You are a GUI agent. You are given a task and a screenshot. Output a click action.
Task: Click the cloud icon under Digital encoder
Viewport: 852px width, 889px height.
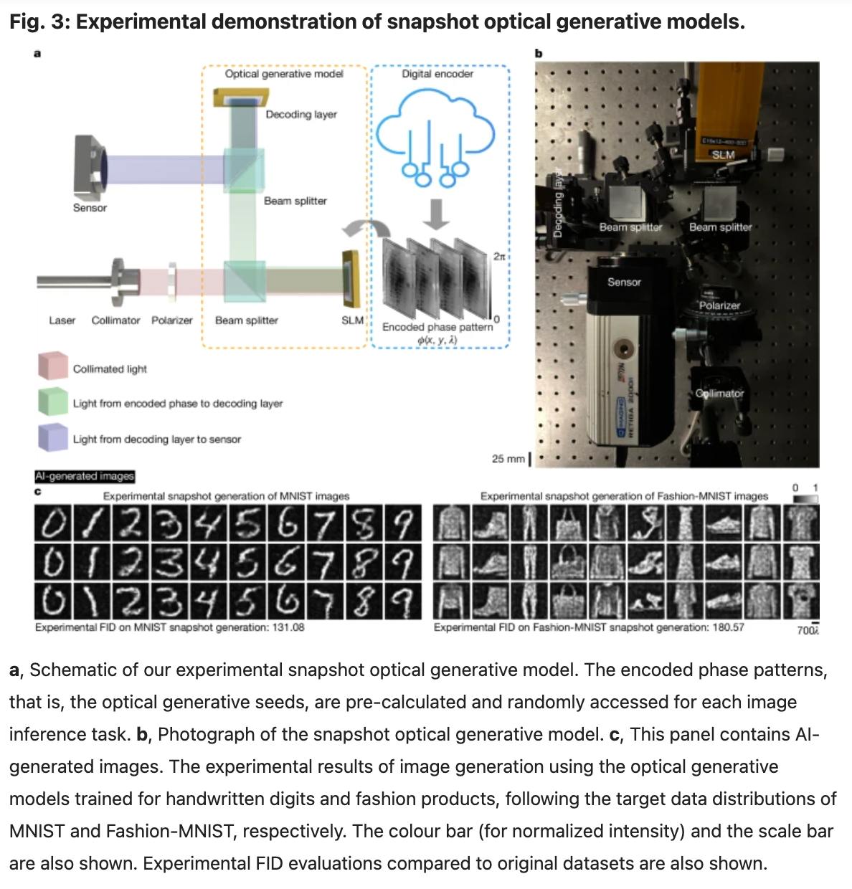pos(435,137)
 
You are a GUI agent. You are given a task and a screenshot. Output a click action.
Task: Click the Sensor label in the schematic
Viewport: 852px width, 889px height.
pos(90,208)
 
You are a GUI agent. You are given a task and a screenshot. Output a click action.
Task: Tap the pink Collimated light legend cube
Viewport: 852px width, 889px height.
pos(53,366)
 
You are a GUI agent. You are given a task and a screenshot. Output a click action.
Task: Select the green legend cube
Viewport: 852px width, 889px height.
pos(53,401)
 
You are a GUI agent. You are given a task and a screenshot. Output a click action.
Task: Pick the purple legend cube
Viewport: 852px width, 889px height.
pos(53,437)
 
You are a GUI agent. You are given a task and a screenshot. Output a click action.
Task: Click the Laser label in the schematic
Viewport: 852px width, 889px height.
pos(62,320)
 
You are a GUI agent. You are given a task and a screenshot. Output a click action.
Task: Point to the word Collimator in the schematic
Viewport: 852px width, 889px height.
pos(115,320)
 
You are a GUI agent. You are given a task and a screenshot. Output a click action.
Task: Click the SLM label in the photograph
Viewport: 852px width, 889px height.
pos(722,154)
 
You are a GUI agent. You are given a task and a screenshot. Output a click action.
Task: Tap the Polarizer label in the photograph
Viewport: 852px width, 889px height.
pos(719,305)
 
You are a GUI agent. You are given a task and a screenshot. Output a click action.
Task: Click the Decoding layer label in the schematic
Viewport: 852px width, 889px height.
pos(300,115)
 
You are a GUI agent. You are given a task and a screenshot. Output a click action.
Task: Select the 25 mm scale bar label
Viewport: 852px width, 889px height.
pos(508,459)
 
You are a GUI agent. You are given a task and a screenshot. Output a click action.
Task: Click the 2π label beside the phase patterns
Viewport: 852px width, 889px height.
pos(499,256)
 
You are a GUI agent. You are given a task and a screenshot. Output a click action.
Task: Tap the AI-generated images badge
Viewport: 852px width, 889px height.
pos(85,476)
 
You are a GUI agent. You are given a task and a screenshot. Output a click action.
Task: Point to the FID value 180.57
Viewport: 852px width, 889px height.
pos(727,627)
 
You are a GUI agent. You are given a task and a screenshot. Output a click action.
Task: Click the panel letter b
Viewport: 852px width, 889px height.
pos(539,53)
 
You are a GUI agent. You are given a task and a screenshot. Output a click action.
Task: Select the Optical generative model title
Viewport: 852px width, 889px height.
pos(284,74)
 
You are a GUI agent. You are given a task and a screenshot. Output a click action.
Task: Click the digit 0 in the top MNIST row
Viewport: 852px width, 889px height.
pos(51,526)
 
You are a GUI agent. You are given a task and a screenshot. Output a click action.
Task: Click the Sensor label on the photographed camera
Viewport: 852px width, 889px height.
pos(624,282)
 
